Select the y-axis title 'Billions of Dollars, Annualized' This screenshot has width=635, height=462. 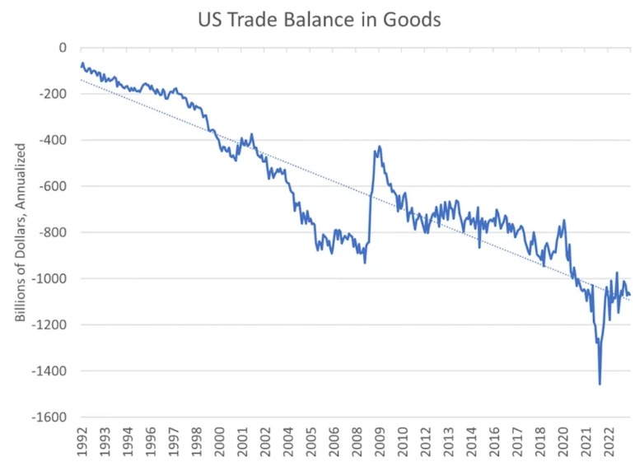pos(22,233)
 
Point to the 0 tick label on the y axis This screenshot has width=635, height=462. pos(60,48)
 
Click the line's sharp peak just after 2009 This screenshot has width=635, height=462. pos(379,147)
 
